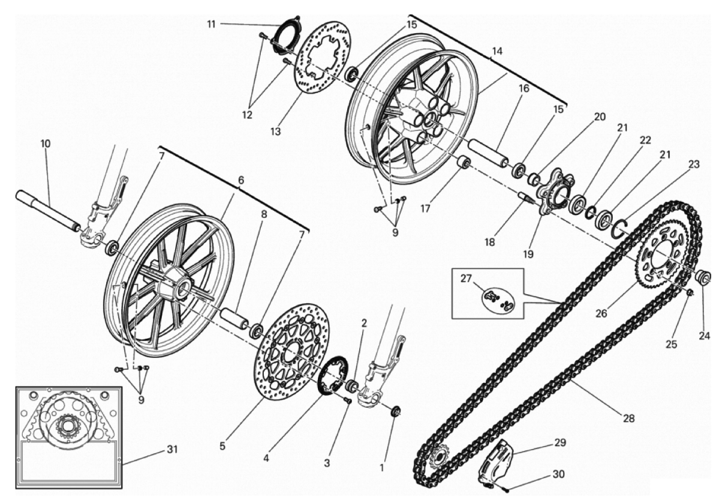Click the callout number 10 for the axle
tap(45, 144)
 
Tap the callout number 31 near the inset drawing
tap(172, 450)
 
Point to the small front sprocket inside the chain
tap(439, 457)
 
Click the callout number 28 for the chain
tap(628, 419)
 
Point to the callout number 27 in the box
tap(466, 279)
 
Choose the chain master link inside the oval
tap(498, 298)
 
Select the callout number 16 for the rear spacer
tap(524, 88)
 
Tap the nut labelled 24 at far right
tap(703, 277)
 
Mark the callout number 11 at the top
tap(211, 24)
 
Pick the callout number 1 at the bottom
tap(381, 468)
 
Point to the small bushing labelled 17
tap(462, 163)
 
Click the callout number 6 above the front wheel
tap(241, 181)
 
